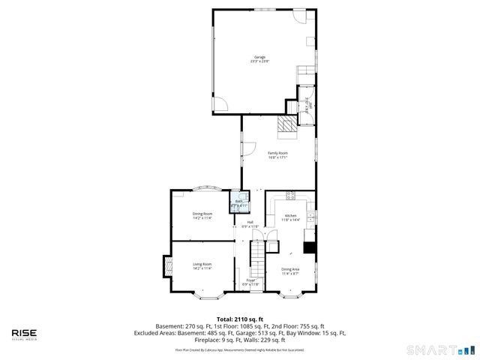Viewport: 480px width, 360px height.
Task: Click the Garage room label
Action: [x=259, y=60]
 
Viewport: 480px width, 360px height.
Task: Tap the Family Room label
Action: [x=278, y=155]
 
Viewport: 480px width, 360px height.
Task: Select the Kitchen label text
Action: [x=291, y=217]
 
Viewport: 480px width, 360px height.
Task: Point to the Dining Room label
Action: [x=202, y=215]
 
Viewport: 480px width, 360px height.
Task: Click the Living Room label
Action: [x=202, y=265]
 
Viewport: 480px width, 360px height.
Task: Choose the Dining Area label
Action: [x=290, y=271]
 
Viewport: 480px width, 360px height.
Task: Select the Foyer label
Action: [x=250, y=282]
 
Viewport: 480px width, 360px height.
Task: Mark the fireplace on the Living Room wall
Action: [x=166, y=265]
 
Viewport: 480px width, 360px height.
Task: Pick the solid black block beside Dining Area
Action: [x=308, y=248]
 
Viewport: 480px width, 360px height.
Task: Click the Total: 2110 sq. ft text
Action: [x=240, y=319]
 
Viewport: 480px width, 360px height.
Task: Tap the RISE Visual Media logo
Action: [x=24, y=334]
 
